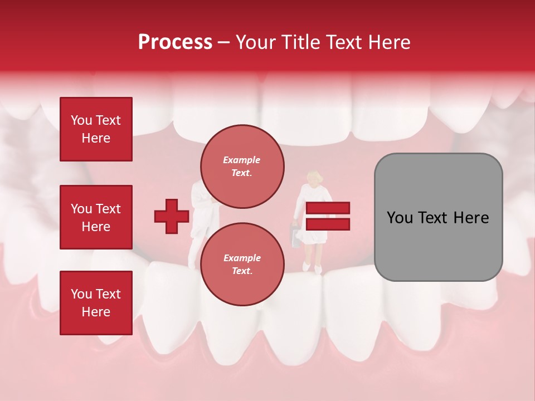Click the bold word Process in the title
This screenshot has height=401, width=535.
pyautogui.click(x=175, y=42)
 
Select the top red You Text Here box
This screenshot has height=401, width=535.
pyautogui.click(x=96, y=129)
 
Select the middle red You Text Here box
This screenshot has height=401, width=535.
pyautogui.click(x=96, y=217)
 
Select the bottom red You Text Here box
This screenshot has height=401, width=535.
pyautogui.click(x=96, y=303)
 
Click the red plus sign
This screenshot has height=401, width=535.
pyautogui.click(x=172, y=216)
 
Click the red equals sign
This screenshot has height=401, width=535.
pyautogui.click(x=328, y=216)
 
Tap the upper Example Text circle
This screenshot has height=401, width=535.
pyautogui.click(x=242, y=166)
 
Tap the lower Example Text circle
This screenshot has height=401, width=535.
pyautogui.click(x=242, y=264)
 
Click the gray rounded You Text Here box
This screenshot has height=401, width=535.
pyautogui.click(x=438, y=217)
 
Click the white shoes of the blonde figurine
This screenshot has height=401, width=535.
pyautogui.click(x=312, y=268)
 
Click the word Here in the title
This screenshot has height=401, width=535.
pyautogui.click(x=387, y=42)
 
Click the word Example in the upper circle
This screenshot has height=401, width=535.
pyautogui.click(x=242, y=160)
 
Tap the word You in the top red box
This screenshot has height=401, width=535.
pyautogui.click(x=81, y=120)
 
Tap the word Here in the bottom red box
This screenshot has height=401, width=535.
pyautogui.click(x=96, y=312)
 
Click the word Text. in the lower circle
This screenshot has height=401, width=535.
pyautogui.click(x=242, y=271)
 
